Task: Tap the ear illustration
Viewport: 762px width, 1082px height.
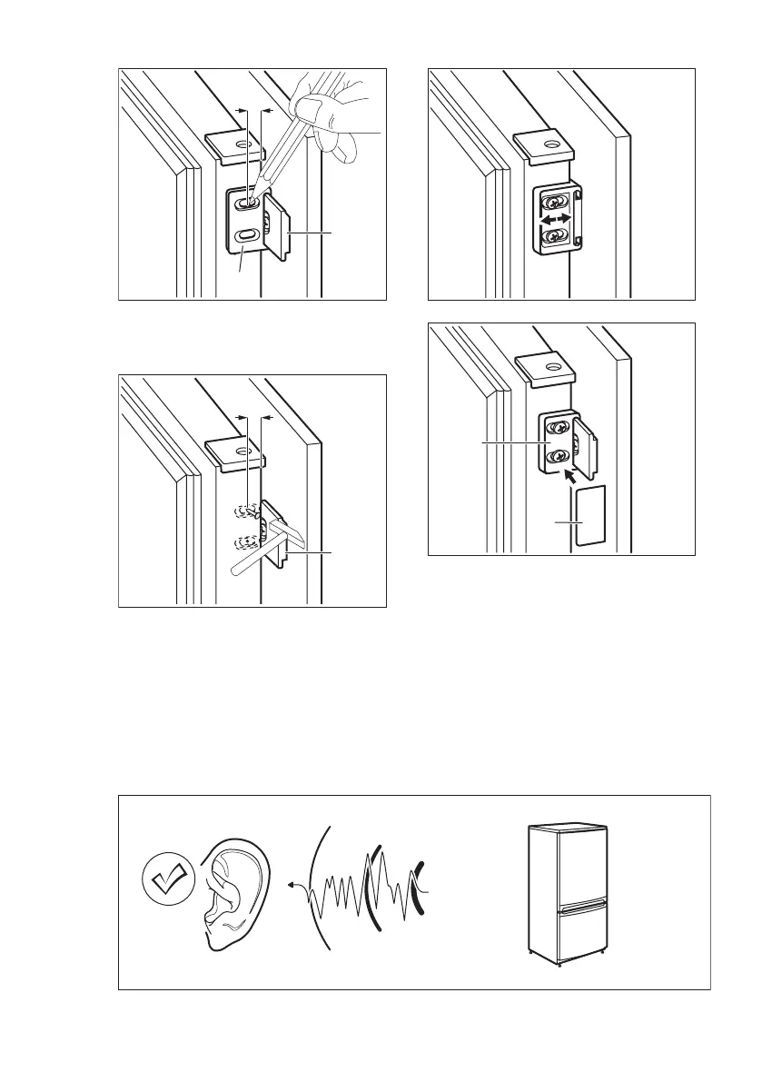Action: [x=234, y=895]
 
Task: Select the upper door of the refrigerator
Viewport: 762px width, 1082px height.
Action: [x=568, y=867]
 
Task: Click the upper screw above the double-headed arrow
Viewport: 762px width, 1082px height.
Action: [x=553, y=200]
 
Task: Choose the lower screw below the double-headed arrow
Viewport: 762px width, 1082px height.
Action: [x=553, y=238]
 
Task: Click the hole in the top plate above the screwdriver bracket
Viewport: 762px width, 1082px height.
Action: [x=242, y=144]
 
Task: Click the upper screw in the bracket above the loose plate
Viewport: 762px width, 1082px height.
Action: [x=553, y=426]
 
